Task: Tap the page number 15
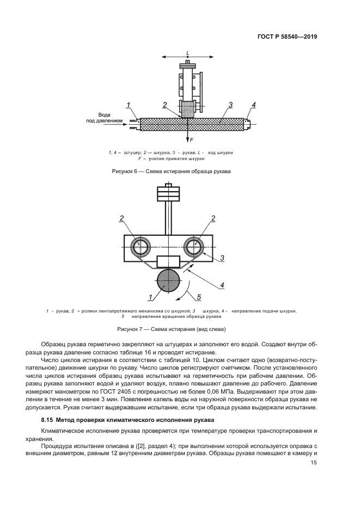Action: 313,463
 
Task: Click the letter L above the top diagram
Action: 187,53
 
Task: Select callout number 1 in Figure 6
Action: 128,105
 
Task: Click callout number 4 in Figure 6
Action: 253,105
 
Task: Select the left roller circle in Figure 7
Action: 141,246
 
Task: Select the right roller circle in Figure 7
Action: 194,246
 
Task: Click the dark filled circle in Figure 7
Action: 168,281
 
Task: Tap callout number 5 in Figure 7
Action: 199,297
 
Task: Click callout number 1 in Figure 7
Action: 149,297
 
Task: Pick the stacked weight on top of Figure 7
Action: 168,194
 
